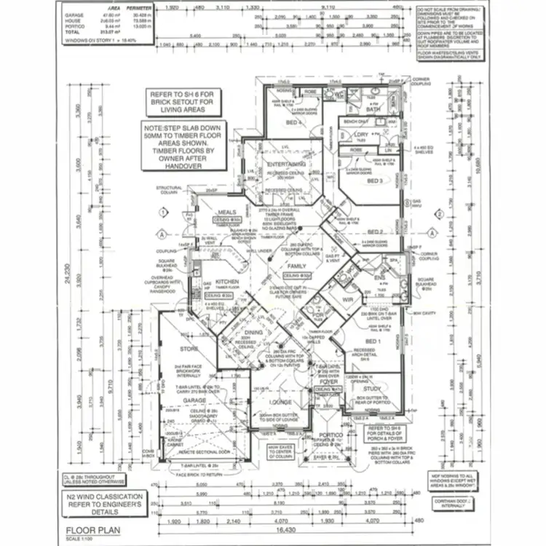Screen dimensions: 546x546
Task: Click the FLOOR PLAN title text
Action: [93, 531]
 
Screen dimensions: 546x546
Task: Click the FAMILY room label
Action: [297, 267]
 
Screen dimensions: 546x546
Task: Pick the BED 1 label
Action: [373, 342]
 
